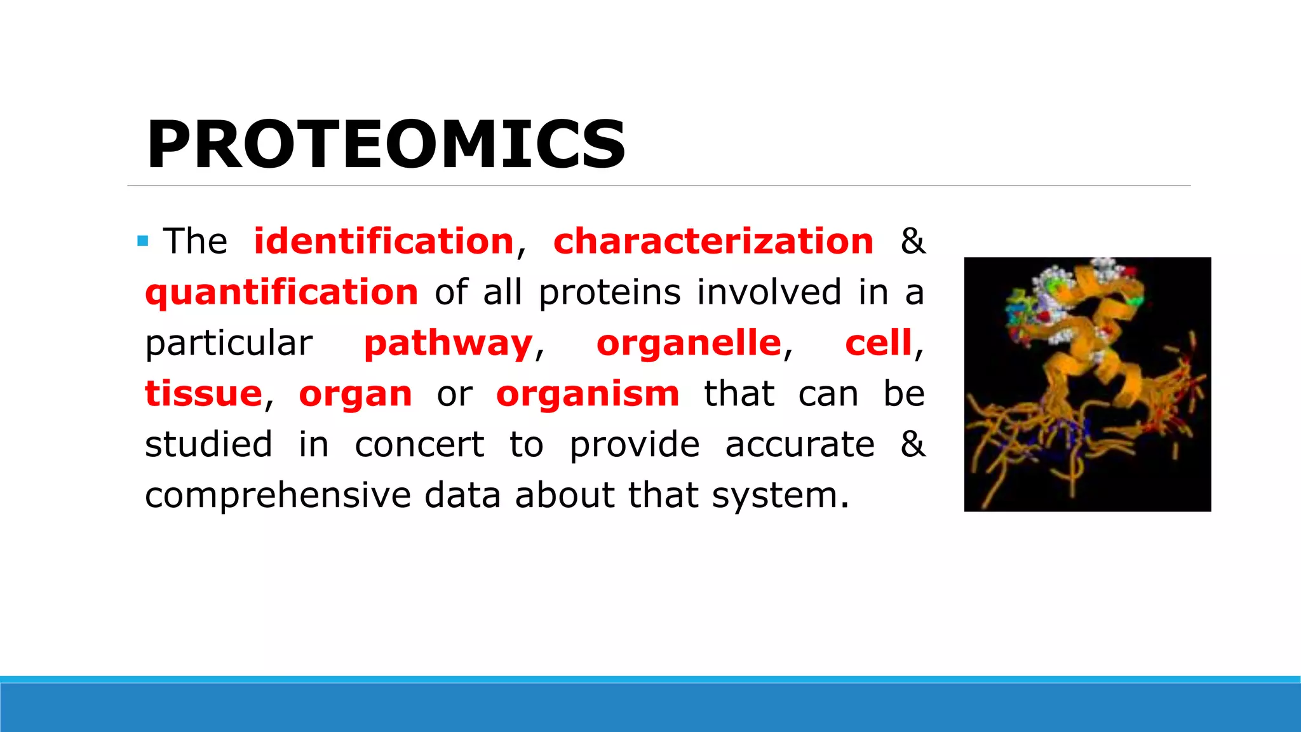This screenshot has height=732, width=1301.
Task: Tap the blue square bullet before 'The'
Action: [x=143, y=241]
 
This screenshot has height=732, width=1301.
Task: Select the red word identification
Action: [x=383, y=241]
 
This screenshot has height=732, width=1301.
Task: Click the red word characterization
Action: [x=713, y=241]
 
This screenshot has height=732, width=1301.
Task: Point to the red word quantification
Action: [x=281, y=293]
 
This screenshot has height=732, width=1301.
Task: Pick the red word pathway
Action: [x=448, y=344]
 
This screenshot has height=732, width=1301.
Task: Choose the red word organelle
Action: [x=689, y=343]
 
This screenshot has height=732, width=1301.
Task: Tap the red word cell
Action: [x=878, y=343]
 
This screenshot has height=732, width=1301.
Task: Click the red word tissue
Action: [x=203, y=394]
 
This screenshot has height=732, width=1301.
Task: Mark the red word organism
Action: [x=588, y=395]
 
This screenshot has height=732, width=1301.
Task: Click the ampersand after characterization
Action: [x=912, y=241]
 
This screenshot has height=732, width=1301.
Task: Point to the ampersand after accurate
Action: [x=912, y=444]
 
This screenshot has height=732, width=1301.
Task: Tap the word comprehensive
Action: [x=278, y=496]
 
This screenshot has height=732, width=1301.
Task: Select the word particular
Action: [x=229, y=344]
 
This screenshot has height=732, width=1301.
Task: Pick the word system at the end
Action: [x=779, y=496]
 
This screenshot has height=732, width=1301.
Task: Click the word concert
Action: [x=419, y=445]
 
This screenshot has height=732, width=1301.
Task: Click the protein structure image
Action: [x=1087, y=384]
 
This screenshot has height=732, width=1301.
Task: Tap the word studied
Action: [x=208, y=445]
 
